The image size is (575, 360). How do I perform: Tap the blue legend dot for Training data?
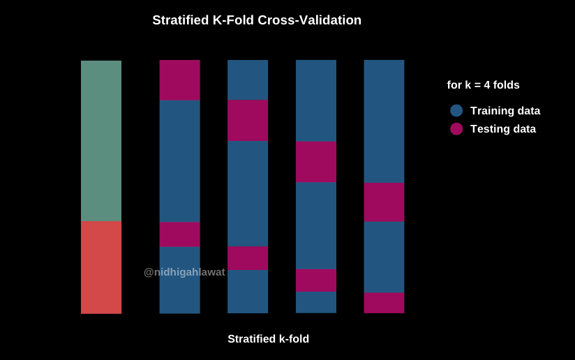(x=456, y=110)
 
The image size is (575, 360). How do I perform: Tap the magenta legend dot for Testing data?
(x=456, y=129)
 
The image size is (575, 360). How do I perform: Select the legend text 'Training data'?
(x=505, y=110)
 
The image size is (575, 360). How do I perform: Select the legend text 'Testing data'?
(x=502, y=129)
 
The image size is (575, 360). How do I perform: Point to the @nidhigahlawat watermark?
(x=184, y=272)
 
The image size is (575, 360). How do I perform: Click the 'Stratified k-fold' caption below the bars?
(x=268, y=339)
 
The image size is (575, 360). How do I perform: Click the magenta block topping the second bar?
(x=179, y=80)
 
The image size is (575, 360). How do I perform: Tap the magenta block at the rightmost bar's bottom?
(x=384, y=303)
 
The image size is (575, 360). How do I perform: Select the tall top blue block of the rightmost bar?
(x=384, y=121)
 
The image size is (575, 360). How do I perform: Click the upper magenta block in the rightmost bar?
(x=384, y=202)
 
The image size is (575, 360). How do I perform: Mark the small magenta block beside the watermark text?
(x=248, y=258)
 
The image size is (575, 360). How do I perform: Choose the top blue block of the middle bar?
(x=248, y=80)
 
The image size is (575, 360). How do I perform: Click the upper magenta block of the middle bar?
(x=248, y=120)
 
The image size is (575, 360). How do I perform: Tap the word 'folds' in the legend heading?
(x=506, y=85)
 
